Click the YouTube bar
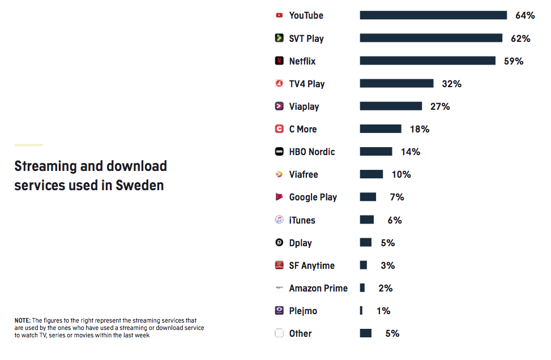pyautogui.click(x=433, y=15)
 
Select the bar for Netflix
pyautogui.click(x=428, y=61)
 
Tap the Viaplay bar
pyautogui.click(x=391, y=106)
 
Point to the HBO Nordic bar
pyautogui.click(x=376, y=152)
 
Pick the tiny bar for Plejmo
pyautogui.click(x=361, y=310)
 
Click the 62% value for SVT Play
pyautogui.click(x=520, y=38)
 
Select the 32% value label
pyautogui.click(x=451, y=84)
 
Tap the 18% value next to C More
pyautogui.click(x=420, y=129)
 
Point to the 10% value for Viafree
pyautogui.click(x=401, y=174)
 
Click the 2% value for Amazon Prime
pyautogui.click(x=385, y=288)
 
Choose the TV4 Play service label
pyautogui.click(x=307, y=84)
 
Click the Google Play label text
pyautogui.click(x=313, y=197)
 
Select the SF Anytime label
pyautogui.click(x=311, y=265)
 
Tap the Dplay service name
pyautogui.click(x=300, y=243)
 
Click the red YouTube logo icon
pyautogui.click(x=279, y=15)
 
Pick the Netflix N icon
pyautogui.click(x=279, y=61)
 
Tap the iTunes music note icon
pyautogui.click(x=279, y=220)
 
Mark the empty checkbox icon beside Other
pyautogui.click(x=279, y=333)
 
